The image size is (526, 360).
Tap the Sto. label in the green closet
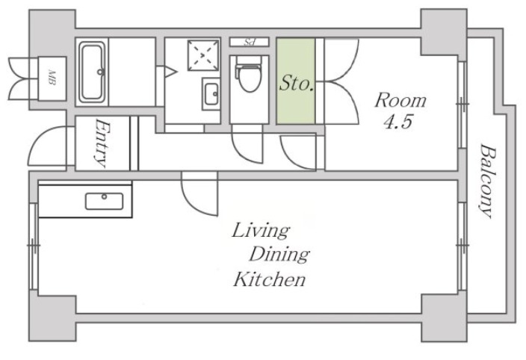point(296,83)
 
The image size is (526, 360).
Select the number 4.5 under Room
point(397,122)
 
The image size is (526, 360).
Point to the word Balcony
point(486,181)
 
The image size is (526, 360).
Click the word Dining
point(279,255)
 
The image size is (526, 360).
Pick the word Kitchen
point(270,279)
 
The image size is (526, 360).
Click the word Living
point(261,231)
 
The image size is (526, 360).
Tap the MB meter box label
point(52,78)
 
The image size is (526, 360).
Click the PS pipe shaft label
point(249,43)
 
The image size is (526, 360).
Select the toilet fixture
point(249,74)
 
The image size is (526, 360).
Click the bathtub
point(92,72)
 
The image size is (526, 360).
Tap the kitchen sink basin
point(104,201)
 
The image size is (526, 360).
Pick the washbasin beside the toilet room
point(211,94)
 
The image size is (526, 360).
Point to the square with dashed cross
point(203,55)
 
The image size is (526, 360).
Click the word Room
point(400,100)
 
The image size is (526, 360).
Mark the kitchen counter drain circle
point(105,196)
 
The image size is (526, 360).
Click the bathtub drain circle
point(100,72)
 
